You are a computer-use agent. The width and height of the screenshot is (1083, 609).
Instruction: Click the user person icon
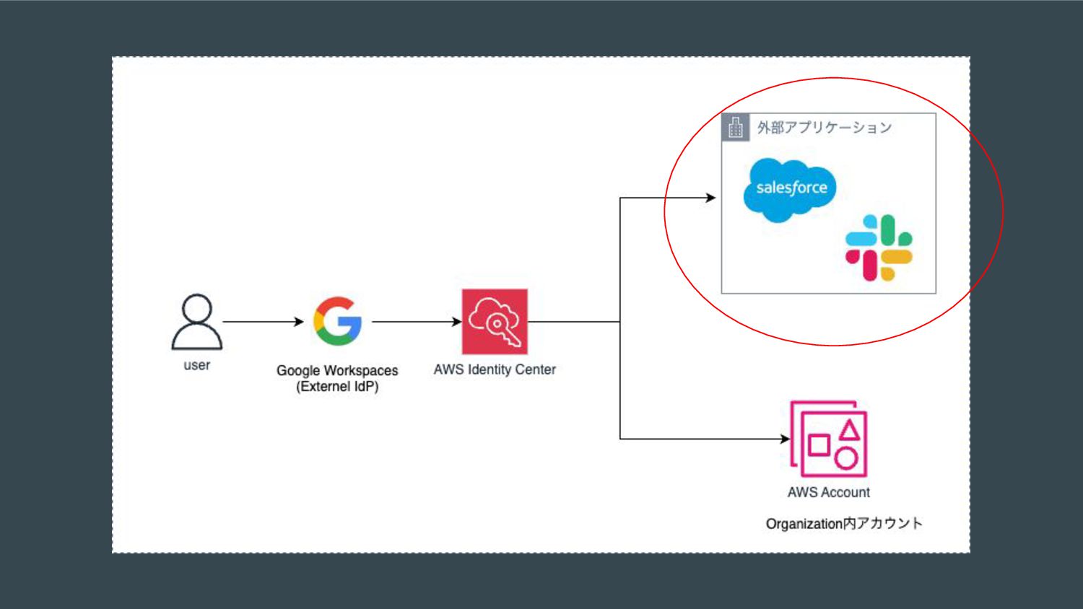tap(196, 322)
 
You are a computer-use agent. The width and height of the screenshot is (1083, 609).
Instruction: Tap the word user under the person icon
tap(196, 365)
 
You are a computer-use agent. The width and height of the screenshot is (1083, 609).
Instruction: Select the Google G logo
tap(337, 321)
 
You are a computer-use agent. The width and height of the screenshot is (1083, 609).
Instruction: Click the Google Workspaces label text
tap(337, 370)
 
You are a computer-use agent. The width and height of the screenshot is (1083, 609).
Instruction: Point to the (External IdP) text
tap(337, 387)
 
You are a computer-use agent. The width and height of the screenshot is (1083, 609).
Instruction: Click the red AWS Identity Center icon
tap(495, 322)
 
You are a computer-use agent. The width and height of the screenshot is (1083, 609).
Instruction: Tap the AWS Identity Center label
tap(495, 369)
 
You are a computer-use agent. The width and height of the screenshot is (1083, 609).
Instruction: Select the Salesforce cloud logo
tap(790, 189)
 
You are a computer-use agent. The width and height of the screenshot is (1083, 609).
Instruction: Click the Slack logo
tap(879, 247)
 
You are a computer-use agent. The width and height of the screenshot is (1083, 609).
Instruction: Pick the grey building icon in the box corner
tap(736, 128)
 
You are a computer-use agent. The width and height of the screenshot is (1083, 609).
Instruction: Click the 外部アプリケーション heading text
tap(824, 128)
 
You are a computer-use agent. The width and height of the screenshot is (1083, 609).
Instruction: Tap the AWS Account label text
tap(829, 492)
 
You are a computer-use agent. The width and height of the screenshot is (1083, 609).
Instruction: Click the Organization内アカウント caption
tap(844, 523)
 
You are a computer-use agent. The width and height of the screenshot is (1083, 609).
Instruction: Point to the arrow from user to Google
tap(263, 322)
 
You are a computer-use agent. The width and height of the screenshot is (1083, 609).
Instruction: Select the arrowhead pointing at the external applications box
tap(711, 198)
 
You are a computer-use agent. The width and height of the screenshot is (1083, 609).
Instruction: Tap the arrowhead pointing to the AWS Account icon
tap(785, 439)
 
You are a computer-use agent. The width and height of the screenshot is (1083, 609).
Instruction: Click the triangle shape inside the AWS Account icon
tap(850, 430)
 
